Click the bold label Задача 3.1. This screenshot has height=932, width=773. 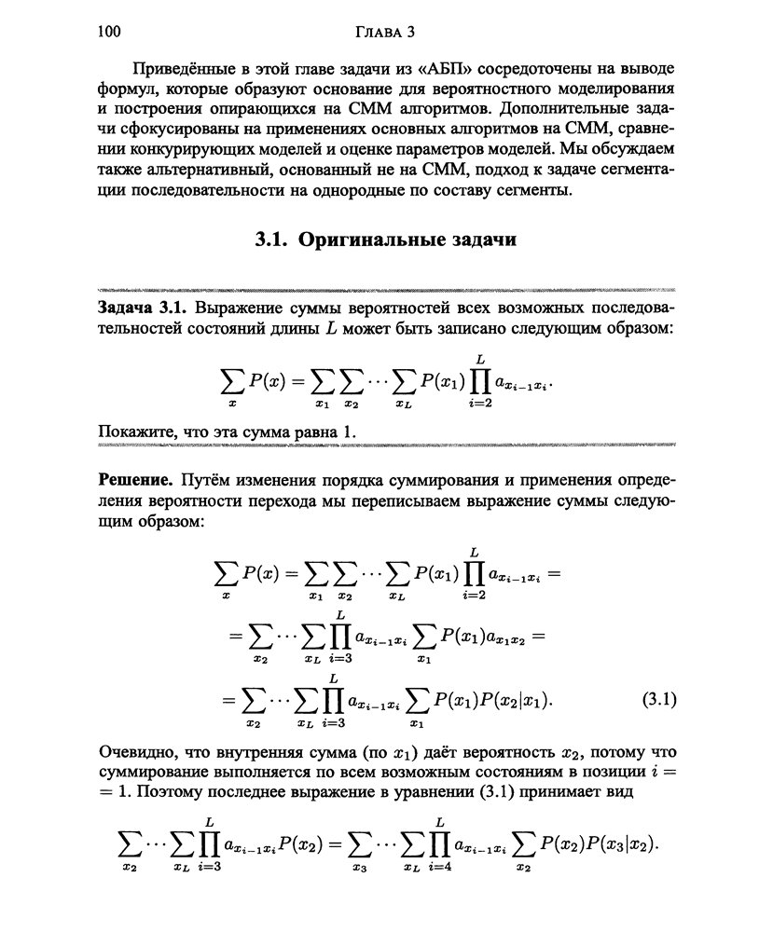[x=143, y=308]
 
